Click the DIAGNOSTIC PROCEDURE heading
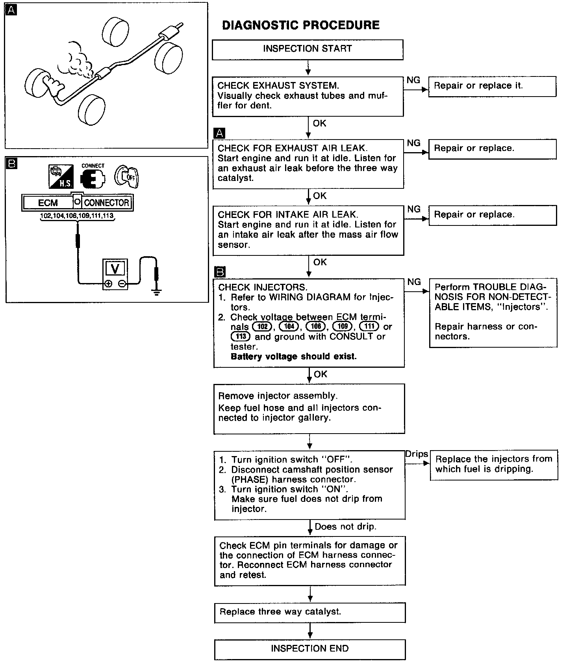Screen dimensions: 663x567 point(301,25)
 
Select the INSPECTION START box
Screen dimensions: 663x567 point(308,49)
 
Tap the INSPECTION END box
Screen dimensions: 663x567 point(310,649)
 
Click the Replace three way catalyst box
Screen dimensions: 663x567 point(310,612)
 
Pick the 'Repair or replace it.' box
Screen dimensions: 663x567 point(492,86)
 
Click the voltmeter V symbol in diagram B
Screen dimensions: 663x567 point(115,268)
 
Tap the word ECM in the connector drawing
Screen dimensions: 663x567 point(48,203)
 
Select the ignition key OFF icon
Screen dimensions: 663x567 point(127,176)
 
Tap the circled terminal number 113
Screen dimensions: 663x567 point(241,336)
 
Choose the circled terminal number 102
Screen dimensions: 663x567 point(262,326)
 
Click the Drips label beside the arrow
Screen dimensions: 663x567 point(417,454)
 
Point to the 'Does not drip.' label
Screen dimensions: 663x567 point(345,527)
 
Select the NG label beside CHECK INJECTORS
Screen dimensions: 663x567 point(414,282)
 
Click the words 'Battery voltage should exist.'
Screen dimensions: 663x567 point(293,356)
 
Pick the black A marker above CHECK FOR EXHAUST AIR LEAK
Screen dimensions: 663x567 point(220,133)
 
